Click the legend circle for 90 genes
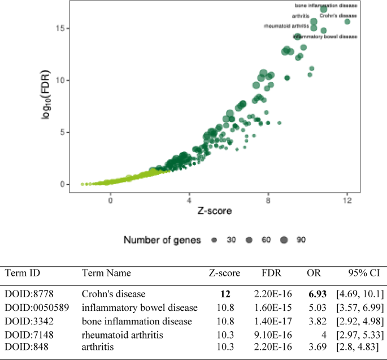[283, 240]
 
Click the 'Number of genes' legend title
[162, 240]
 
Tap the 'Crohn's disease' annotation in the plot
[338, 15]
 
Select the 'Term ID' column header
[23, 273]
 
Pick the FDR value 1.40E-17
[273, 321]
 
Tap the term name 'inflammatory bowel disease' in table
[140, 307]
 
